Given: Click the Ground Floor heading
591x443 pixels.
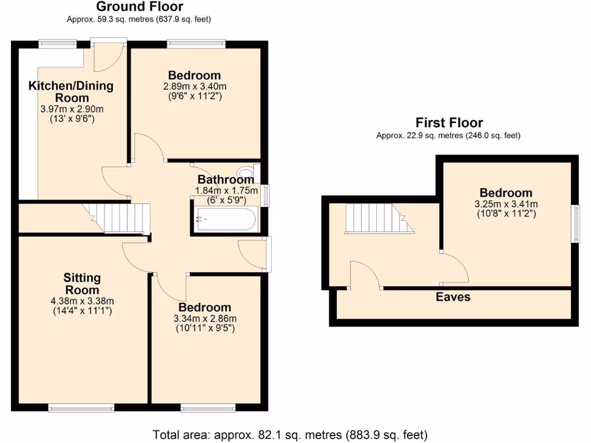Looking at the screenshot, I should (x=139, y=7).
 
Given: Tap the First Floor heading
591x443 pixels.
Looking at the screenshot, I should (x=449, y=122).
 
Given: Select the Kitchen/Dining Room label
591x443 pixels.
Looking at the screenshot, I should (x=71, y=92).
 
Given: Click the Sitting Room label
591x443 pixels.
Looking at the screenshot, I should (x=81, y=284).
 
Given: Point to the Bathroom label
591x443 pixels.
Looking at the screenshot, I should (x=226, y=179).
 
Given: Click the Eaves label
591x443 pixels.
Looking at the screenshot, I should (x=453, y=297).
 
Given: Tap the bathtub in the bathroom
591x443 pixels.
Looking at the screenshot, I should (x=225, y=219).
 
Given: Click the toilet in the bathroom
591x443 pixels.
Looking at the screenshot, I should (x=247, y=171).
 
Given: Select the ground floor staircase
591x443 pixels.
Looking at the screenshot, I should (x=121, y=217).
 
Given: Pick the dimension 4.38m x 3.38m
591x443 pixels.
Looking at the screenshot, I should (x=81, y=301).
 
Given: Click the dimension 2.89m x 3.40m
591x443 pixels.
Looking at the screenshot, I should (x=194, y=87).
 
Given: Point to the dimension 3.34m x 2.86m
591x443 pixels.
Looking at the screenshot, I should (x=204, y=318).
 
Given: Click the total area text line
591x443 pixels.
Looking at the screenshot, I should (x=290, y=434).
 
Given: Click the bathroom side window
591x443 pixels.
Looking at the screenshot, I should (x=265, y=195).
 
